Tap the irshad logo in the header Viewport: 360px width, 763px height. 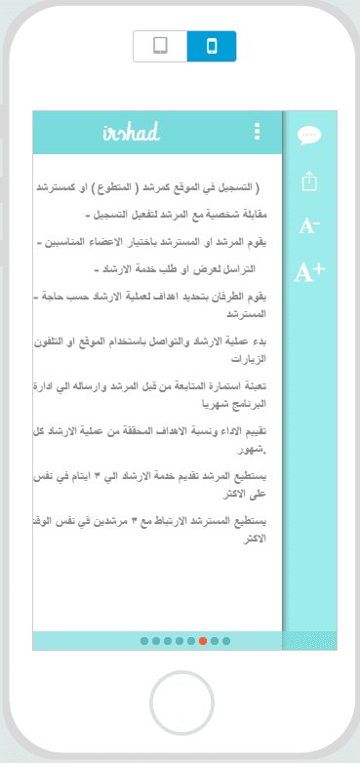pyautogui.click(x=131, y=133)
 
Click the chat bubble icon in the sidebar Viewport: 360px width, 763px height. pyautogui.click(x=309, y=136)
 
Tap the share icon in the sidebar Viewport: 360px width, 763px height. pyautogui.click(x=309, y=181)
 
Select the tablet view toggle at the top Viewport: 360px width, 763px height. pyautogui.click(x=160, y=46)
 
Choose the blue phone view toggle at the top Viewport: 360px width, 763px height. pyautogui.click(x=212, y=46)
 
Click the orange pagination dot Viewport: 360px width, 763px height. pyautogui.click(x=203, y=641)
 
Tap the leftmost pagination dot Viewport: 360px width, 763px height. pyautogui.click(x=144, y=641)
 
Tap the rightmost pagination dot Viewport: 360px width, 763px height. pyautogui.click(x=226, y=641)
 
